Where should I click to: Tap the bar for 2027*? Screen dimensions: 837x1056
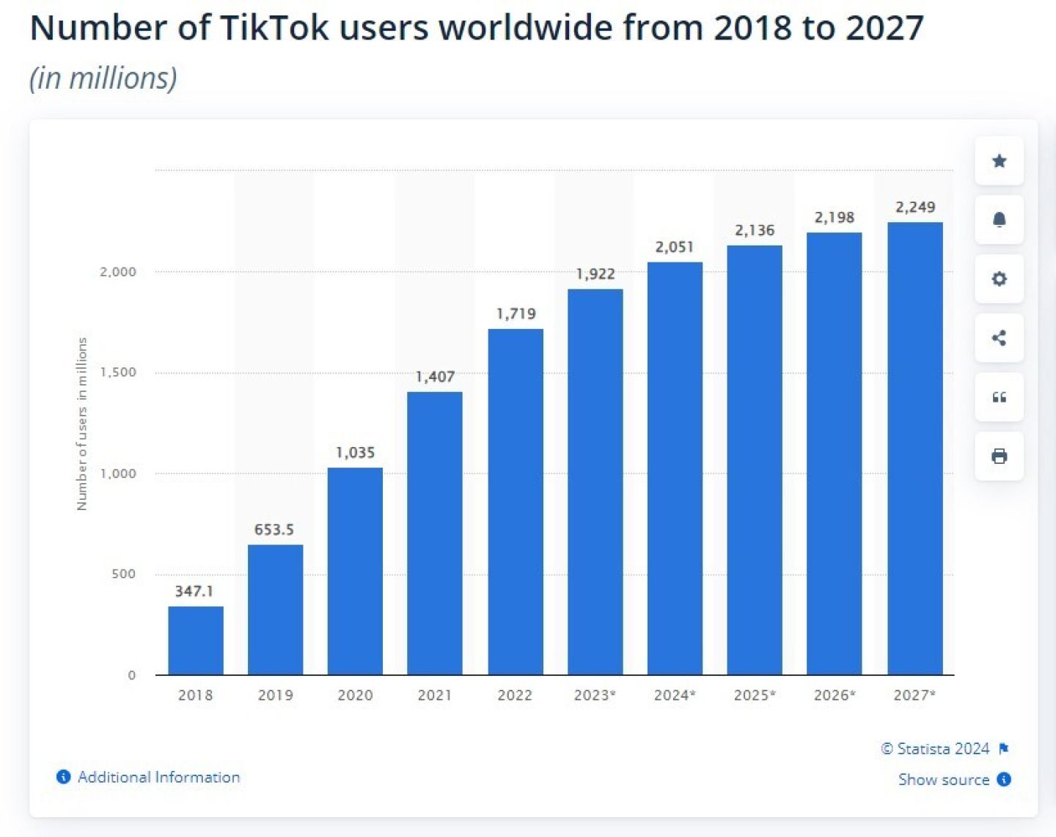pos(914,448)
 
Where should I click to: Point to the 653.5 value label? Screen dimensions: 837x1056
pos(274,529)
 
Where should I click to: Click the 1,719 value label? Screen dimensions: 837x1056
pos(516,314)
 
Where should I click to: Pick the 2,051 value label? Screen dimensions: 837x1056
pos(675,247)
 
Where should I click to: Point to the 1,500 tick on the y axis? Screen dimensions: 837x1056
pos(118,372)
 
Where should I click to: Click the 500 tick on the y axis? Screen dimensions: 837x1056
pos(124,574)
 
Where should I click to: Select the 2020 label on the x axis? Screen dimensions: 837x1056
pos(355,695)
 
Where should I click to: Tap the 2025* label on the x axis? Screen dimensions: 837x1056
pos(755,695)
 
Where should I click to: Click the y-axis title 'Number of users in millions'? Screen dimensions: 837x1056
pos(82,424)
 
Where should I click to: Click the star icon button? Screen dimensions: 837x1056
pos(999,161)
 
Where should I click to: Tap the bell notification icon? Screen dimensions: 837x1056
pos(999,220)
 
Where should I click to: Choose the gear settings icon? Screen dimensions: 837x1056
pos(999,279)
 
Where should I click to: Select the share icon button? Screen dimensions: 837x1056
pos(999,338)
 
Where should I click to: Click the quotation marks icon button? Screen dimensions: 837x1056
pos(999,397)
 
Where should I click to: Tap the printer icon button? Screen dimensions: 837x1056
pos(999,456)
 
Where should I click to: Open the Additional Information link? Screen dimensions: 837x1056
pos(158,777)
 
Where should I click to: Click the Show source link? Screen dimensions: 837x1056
pos(944,779)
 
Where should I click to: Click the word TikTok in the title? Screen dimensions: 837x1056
pos(274,28)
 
